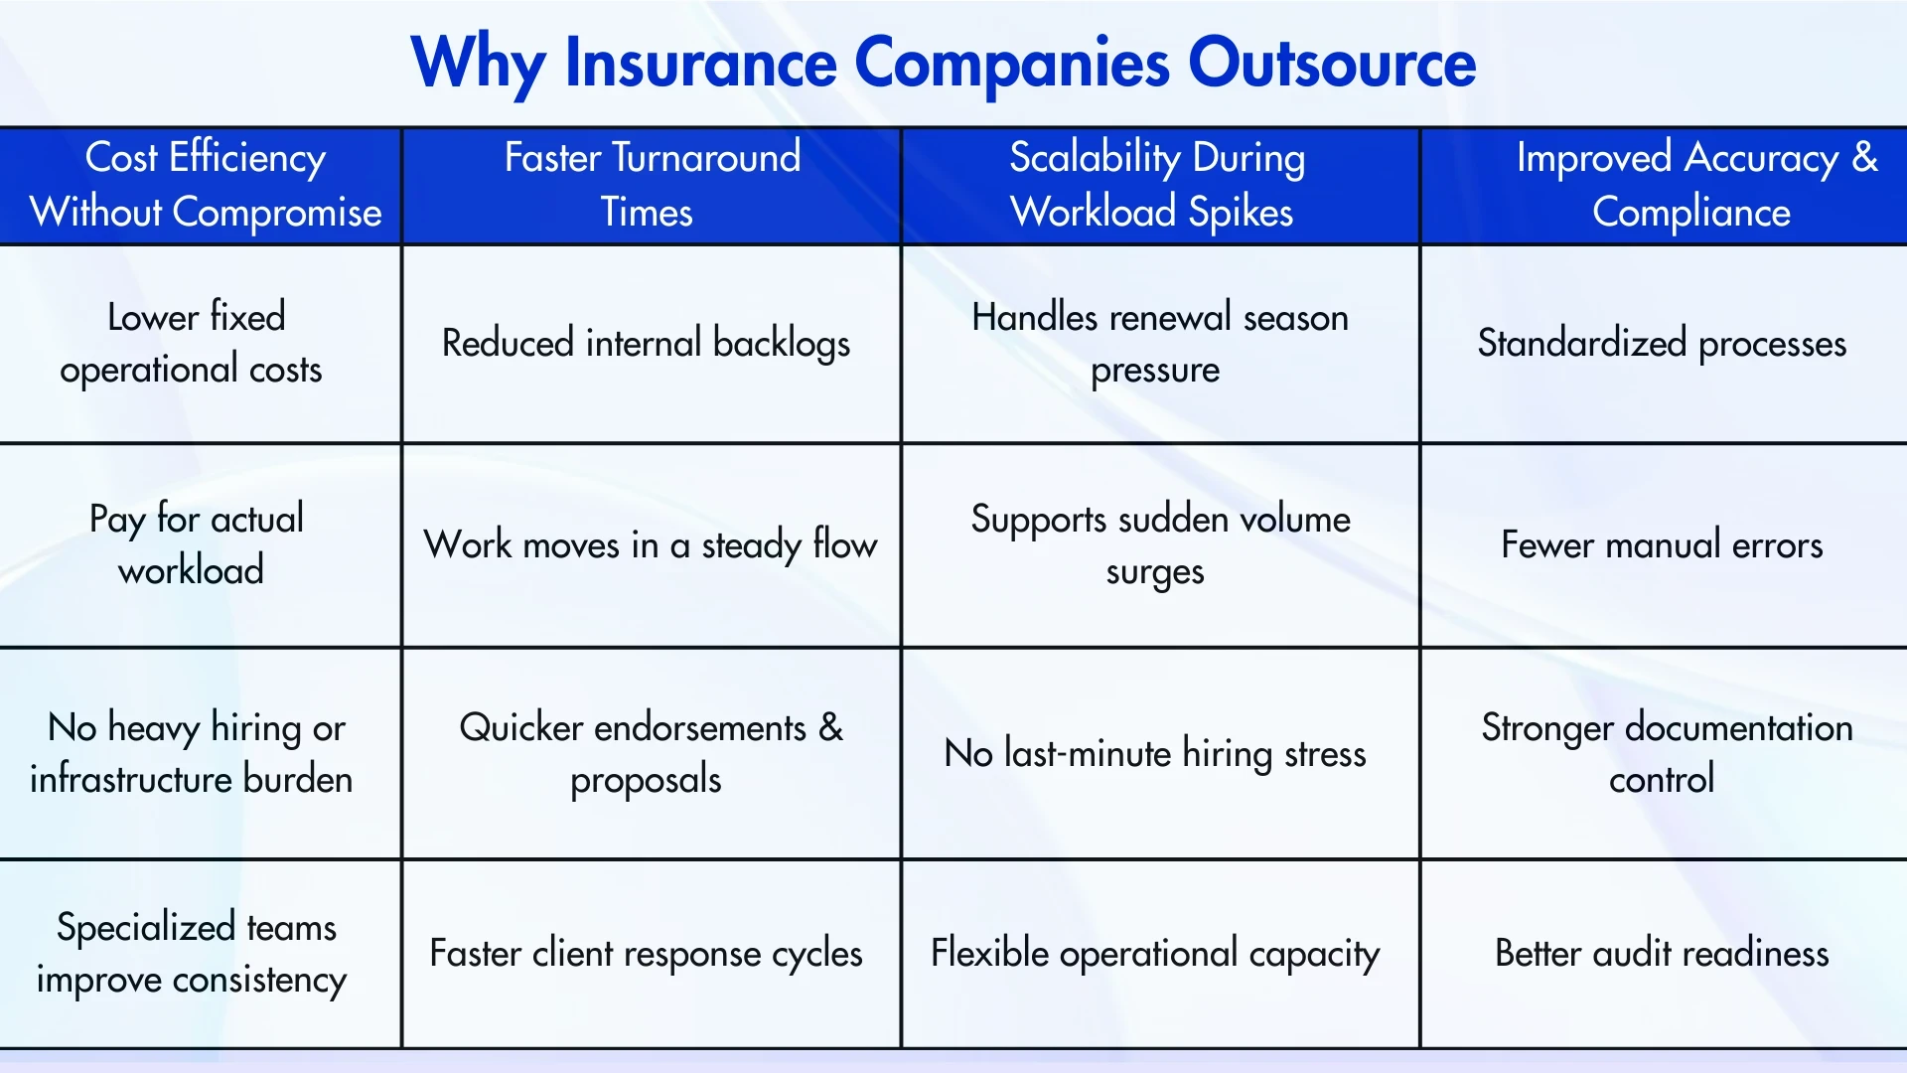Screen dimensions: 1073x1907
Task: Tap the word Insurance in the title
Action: (700, 64)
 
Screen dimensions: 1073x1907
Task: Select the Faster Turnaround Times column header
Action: (652, 185)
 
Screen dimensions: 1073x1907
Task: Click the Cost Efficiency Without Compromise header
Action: (205, 185)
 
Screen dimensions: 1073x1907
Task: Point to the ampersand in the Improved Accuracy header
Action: (1864, 157)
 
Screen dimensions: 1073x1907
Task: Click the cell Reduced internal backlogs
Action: (646, 343)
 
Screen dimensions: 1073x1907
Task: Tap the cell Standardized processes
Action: (1661, 343)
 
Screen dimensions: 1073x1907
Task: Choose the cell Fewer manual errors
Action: (1661, 544)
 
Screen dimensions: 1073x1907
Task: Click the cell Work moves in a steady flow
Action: (650, 544)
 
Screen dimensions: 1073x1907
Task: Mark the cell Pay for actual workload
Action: (194, 544)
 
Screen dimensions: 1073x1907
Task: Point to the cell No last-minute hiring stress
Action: (1154, 753)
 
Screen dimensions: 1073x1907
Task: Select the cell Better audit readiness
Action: (1661, 953)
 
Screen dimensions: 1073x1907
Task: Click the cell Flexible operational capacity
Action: (1154, 953)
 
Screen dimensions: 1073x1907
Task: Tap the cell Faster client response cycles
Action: (646, 953)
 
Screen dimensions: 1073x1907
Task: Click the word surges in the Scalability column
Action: (1154, 573)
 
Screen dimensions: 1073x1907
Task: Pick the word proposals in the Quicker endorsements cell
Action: (646, 780)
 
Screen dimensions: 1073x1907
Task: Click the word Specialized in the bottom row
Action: (145, 927)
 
